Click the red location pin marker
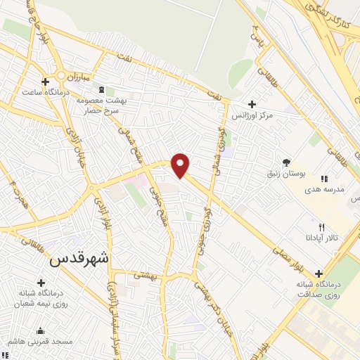tap(181, 165)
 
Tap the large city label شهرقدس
tap(80, 258)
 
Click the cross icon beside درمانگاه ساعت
tap(46, 81)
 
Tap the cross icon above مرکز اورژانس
tap(252, 103)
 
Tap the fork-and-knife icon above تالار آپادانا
tap(321, 227)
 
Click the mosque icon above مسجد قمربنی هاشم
tap(39, 330)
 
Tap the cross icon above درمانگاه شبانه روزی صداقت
tap(319, 274)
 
